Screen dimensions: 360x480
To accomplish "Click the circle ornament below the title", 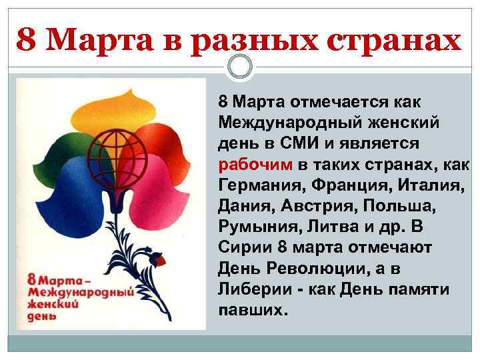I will pos(240,67).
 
